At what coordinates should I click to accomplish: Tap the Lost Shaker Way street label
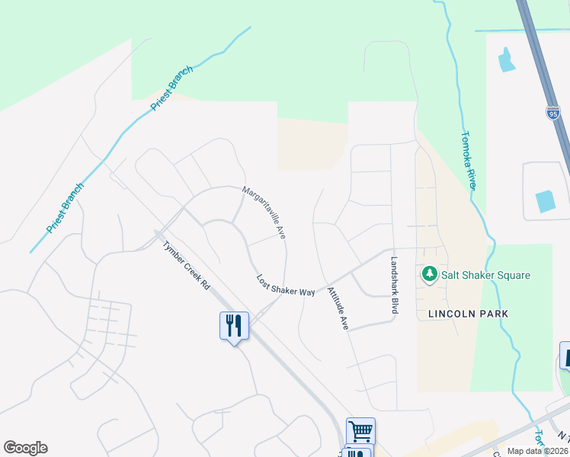pyautogui.click(x=286, y=286)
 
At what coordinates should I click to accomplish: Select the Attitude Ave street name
pyautogui.click(x=338, y=308)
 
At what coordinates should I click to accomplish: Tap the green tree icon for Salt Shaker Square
pyautogui.click(x=430, y=274)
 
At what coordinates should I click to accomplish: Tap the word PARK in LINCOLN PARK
pyautogui.click(x=493, y=314)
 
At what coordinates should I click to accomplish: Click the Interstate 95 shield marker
pyautogui.click(x=553, y=113)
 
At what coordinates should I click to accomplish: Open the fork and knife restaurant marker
pyautogui.click(x=234, y=326)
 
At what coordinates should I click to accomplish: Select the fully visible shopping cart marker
pyautogui.click(x=360, y=431)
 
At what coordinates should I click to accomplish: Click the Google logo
pyautogui.click(x=25, y=448)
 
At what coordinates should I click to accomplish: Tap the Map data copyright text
pyautogui.click(x=536, y=451)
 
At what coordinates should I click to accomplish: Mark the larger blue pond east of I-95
pyautogui.click(x=546, y=201)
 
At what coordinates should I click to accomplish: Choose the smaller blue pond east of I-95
pyautogui.click(x=506, y=59)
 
